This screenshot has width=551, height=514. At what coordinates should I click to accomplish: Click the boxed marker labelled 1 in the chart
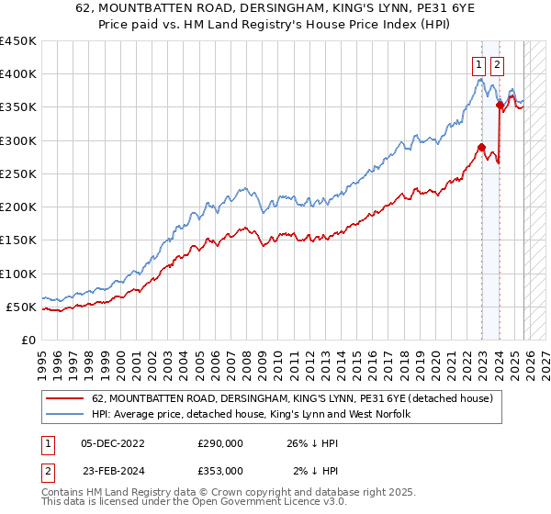pos(479,64)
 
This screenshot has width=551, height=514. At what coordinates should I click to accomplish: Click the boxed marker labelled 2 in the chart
pos(497,64)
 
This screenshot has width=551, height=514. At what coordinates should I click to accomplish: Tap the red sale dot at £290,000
pos(481,147)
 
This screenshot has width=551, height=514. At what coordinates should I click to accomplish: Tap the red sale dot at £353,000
pos(500,106)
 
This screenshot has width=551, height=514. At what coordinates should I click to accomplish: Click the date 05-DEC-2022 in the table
pos(113,443)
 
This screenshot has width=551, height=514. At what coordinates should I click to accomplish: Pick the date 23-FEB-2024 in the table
pos(113,470)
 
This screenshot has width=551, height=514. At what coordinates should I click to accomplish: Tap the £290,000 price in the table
pos(220,443)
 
